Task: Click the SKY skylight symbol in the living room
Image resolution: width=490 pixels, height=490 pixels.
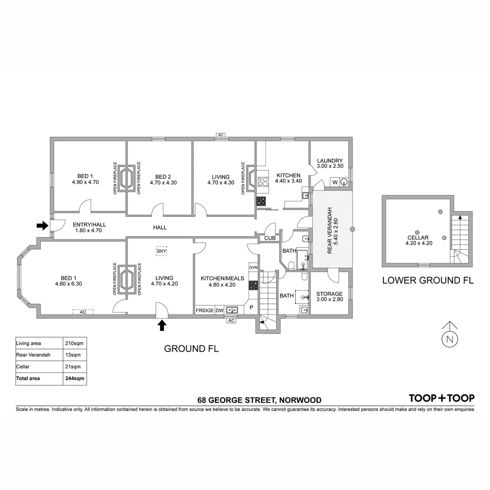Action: [x=161, y=250]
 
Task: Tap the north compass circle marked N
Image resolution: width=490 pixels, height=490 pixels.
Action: [x=450, y=339]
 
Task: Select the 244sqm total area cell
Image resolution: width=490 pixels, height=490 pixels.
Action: [x=74, y=378]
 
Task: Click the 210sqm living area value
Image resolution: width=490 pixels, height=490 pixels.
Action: [x=74, y=343]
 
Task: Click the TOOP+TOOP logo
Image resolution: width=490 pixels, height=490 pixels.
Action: [x=441, y=398]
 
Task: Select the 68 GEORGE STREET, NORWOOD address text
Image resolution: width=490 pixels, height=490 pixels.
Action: [x=259, y=400]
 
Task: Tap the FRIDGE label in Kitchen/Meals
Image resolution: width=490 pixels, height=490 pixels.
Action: [x=205, y=310]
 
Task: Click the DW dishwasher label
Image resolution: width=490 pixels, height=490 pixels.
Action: [x=219, y=310]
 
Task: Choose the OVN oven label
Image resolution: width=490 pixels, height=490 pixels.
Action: [x=253, y=268]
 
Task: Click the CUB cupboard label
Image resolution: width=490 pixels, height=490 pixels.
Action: [x=270, y=238]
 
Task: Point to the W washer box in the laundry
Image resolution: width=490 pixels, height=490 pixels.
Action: [x=335, y=182]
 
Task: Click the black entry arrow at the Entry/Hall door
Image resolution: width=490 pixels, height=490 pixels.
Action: [x=42, y=225]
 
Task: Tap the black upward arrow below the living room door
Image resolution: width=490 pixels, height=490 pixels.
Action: [x=162, y=325]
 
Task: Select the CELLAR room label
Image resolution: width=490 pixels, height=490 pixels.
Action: [x=417, y=237]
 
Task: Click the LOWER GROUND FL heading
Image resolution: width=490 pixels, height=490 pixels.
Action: [x=427, y=280]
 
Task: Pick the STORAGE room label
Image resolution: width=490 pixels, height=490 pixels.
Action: [x=329, y=294]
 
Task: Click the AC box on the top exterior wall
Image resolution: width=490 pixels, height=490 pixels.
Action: [x=221, y=135]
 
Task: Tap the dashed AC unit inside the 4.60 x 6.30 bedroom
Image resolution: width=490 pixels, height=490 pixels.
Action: [x=83, y=312]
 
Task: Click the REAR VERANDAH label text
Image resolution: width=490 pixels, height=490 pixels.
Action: [x=330, y=230]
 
